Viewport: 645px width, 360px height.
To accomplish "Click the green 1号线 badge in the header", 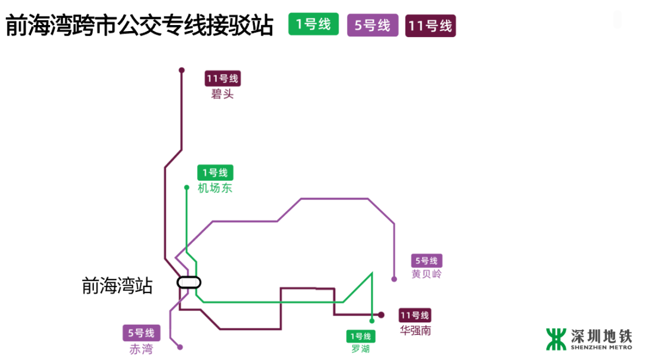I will click(314, 24).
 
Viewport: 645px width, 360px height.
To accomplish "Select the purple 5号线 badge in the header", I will click(373, 25).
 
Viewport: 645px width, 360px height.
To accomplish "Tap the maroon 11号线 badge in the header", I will click(430, 26).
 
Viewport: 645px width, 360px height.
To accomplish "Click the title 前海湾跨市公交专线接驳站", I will click(139, 26).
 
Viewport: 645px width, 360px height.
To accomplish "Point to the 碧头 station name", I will click(222, 94).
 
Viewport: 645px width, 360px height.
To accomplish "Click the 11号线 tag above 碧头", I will click(222, 78).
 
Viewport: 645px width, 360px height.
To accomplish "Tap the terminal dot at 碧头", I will click(182, 70).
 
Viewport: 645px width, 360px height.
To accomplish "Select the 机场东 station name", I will click(215, 189).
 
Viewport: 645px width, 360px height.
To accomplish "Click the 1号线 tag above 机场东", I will click(215, 173).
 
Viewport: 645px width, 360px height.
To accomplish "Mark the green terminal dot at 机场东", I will click(186, 187).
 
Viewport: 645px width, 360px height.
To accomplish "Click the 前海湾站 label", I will click(117, 286).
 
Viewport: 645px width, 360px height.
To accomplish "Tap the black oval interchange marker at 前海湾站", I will click(189, 282).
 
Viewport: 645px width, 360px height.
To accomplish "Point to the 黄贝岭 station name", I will click(426, 275).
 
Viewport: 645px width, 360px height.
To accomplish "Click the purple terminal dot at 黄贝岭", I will click(394, 279).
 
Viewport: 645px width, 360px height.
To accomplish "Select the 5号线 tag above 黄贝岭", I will click(426, 261).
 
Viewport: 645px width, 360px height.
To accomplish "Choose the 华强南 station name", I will click(415, 330).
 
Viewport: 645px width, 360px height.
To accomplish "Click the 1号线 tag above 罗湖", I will click(361, 337).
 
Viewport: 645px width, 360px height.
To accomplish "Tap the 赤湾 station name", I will click(141, 349).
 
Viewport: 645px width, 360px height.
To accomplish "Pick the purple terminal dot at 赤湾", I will click(180, 347).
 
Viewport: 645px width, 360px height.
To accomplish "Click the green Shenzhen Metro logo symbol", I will click(556, 339).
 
